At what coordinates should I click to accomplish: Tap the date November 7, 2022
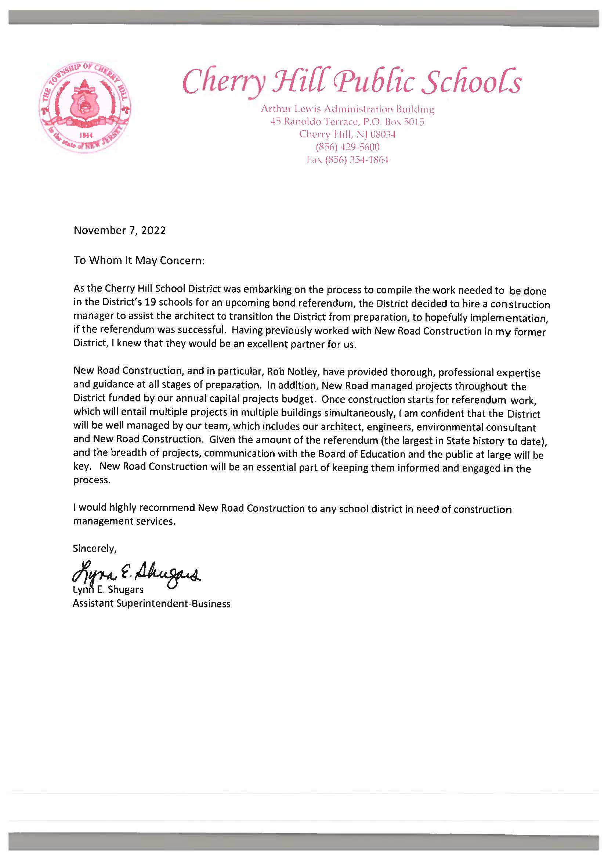point(119,230)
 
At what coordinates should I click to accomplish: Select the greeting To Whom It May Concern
point(139,260)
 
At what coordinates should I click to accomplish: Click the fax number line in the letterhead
point(347,160)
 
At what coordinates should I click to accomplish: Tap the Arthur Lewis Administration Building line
point(347,109)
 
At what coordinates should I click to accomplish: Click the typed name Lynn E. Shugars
point(108,589)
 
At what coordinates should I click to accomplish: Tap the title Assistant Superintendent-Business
point(152,604)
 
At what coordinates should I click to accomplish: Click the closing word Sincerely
point(94,549)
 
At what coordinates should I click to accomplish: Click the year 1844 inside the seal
point(84,135)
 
